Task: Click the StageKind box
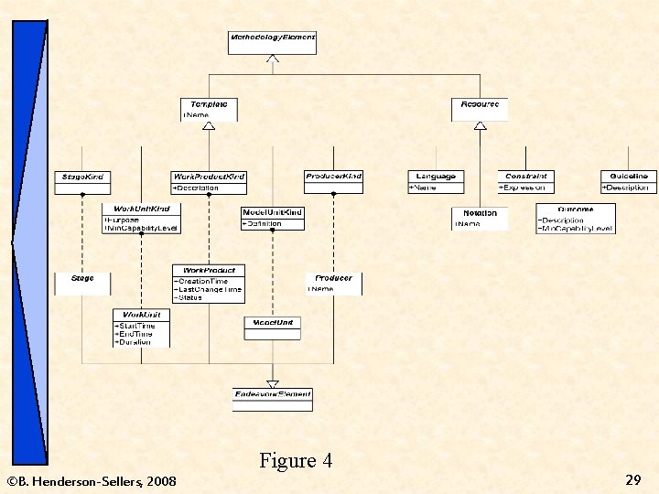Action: point(81,177)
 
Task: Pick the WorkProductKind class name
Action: point(209,176)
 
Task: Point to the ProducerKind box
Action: point(333,177)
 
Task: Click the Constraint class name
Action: point(525,176)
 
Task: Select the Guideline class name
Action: point(629,176)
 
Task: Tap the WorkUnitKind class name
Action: point(141,209)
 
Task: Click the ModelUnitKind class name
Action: point(272,212)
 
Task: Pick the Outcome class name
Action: point(575,209)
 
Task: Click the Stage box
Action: point(81,278)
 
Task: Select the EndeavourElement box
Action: point(273,394)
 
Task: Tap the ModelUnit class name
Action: point(272,322)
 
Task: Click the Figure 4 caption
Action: point(295,460)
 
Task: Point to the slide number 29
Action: point(632,479)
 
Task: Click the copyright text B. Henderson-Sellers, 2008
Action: point(92,480)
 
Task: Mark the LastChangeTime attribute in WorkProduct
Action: point(209,289)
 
